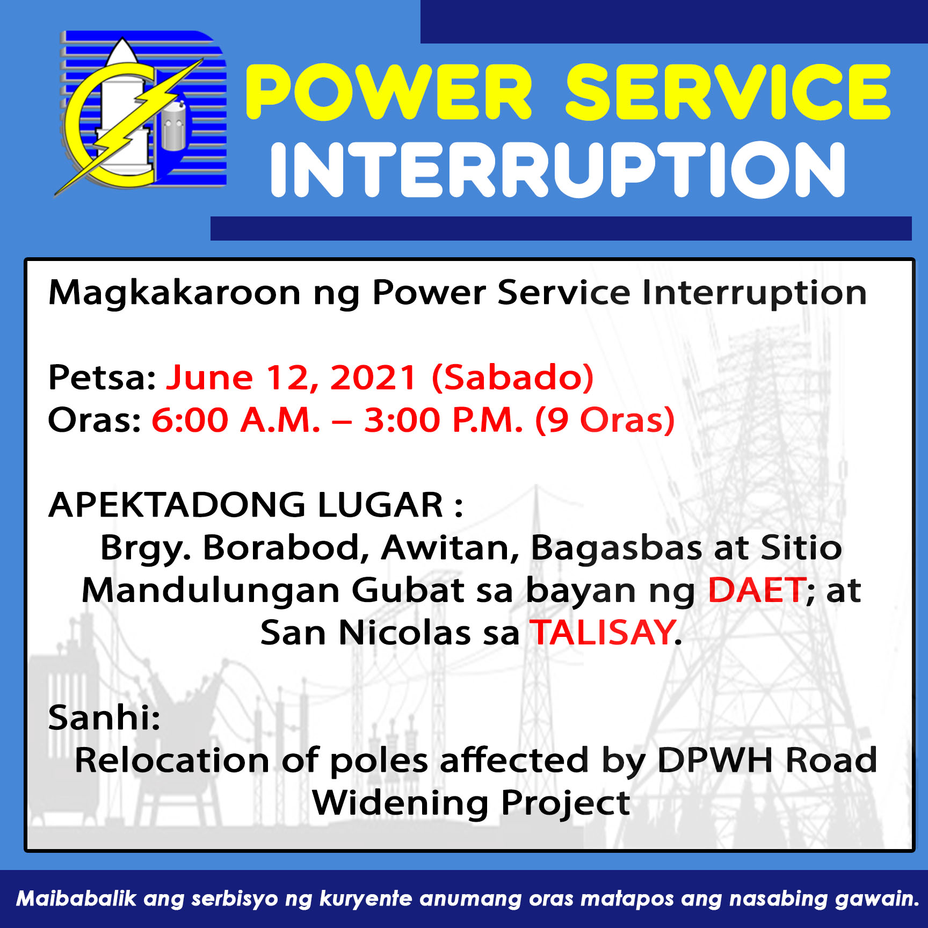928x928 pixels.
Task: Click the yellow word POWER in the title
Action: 389,92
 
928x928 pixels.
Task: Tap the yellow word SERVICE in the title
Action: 728,92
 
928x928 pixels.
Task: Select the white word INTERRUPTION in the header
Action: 558,170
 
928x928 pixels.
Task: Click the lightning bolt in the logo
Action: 129,126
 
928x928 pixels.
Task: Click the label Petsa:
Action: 102,377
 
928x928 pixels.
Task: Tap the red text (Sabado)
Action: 513,378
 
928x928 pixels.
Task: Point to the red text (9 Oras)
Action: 605,420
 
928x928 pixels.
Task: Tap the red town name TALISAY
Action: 603,633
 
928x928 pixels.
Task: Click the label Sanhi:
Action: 104,717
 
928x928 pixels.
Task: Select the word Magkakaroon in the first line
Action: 175,293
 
